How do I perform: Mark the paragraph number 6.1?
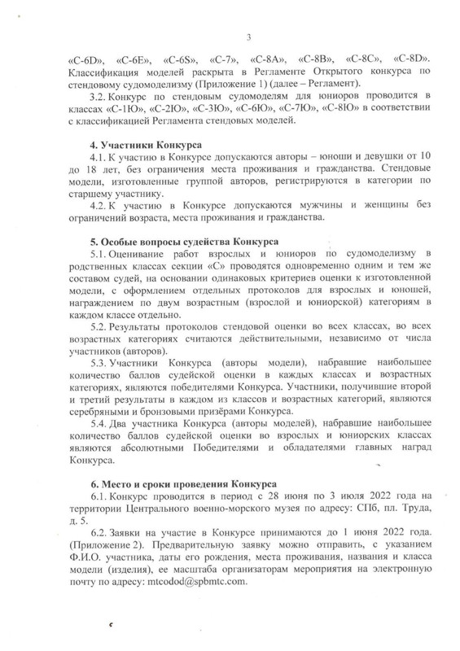coord(100,496)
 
